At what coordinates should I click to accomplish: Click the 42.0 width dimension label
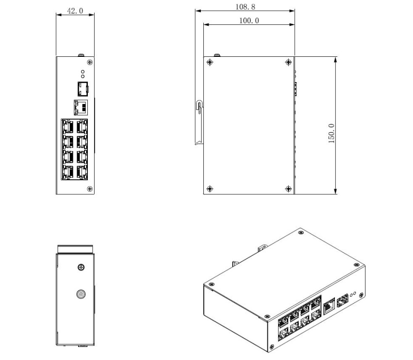75,11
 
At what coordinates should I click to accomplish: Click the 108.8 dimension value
245,7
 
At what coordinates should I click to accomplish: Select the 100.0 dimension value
249,20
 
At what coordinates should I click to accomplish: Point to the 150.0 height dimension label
331,134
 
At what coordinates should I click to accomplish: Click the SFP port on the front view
83,89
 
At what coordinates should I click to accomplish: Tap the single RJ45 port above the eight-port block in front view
81,107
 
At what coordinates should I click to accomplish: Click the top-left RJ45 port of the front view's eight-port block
68,127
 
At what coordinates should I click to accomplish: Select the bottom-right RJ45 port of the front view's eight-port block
82,172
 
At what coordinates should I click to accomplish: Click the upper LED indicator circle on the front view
83,72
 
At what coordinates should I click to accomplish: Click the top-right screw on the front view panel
90,62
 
